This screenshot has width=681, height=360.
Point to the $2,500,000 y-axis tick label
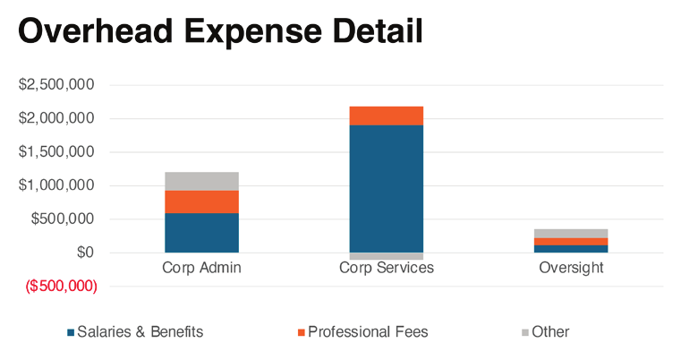[58, 85]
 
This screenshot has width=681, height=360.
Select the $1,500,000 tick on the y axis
[58, 152]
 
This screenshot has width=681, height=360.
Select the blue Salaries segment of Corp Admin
[200, 233]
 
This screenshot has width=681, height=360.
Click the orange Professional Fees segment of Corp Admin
[200, 201]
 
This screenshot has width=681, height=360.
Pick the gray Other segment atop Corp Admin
[200, 181]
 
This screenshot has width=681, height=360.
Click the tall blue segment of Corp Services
[386, 188]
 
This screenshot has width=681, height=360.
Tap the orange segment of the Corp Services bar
[386, 116]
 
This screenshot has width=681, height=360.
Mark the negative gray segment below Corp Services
[386, 256]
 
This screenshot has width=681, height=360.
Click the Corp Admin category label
[201, 268]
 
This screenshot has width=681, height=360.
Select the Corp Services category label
[387, 268]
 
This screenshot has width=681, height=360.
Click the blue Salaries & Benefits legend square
[71, 332]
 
